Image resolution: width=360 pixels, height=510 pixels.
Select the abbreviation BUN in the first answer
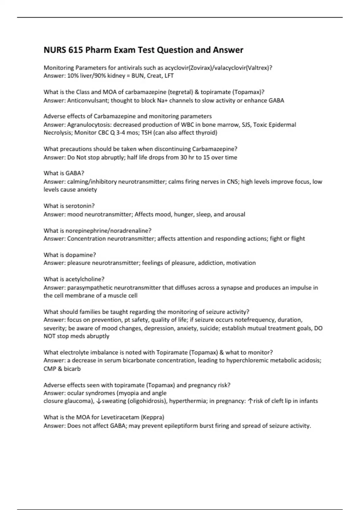point(137,76)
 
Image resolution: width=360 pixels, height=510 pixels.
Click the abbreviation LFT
point(169,76)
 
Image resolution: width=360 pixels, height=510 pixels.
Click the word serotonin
point(80,206)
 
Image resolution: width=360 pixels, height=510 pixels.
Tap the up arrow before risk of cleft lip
point(250,401)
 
